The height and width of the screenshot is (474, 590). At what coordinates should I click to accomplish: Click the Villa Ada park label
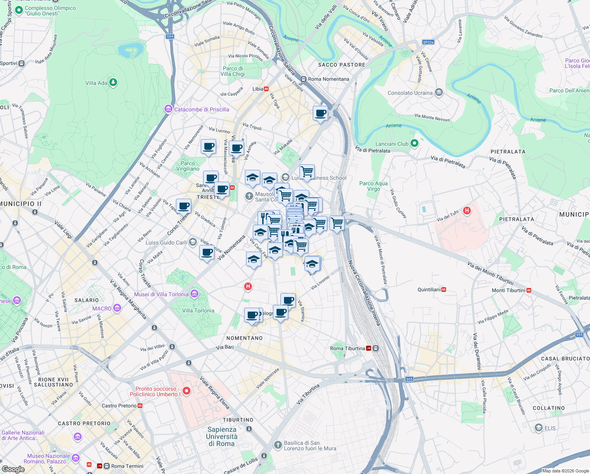pos(97,83)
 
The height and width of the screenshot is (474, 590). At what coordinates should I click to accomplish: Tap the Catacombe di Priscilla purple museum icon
pos(169,109)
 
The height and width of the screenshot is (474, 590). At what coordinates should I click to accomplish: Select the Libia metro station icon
pos(266,89)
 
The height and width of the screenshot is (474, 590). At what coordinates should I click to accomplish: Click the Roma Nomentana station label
pos(329,79)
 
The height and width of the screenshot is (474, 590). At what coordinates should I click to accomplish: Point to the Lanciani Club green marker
pos(414,143)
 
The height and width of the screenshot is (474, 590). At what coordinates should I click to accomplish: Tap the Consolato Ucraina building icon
pos(439,93)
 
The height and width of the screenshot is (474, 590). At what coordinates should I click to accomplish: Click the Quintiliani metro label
pos(429,290)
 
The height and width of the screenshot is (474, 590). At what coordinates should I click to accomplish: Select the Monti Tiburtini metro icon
pos(529,290)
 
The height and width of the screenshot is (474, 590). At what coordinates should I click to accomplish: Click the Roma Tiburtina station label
pos(347,348)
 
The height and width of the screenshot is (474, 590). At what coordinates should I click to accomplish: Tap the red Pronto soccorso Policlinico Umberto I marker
pos(187,391)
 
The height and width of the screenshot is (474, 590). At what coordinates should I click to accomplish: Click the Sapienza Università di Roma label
pos(222,436)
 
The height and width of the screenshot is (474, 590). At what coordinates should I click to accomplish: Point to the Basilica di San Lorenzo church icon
pos(278,445)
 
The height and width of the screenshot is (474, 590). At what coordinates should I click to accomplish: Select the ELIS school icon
pos(538,428)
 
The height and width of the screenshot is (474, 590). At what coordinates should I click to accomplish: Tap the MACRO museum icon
pos(117,308)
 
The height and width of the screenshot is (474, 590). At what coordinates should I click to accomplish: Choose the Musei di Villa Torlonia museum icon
pos(194,294)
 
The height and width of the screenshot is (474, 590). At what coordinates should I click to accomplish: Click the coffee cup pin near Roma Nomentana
pos(321,113)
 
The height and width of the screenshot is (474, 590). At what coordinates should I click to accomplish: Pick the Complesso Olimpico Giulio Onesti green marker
pos(19,11)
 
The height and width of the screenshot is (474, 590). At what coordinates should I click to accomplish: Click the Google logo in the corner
pos(13,469)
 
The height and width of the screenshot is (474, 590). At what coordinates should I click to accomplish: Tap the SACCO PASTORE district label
pos(342,65)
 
